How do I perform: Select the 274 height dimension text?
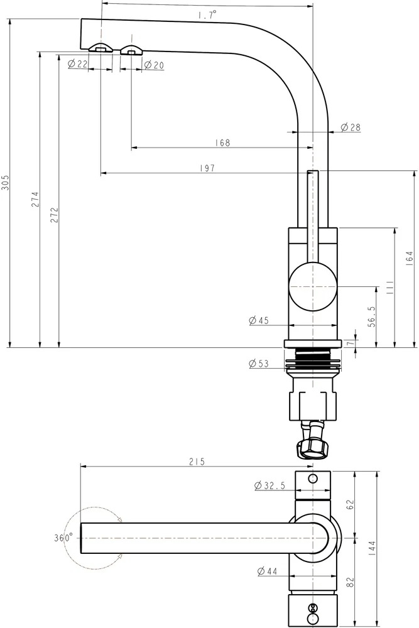pos(35,199)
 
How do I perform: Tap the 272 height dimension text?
pos(55,215)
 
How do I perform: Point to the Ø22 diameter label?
pos(78,63)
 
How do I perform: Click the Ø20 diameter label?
pos(154,65)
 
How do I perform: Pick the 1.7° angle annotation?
pos(207,15)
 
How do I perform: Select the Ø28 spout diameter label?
pos(351,127)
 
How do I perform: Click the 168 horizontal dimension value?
pos(223,143)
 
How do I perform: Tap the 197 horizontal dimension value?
pos(207,168)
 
